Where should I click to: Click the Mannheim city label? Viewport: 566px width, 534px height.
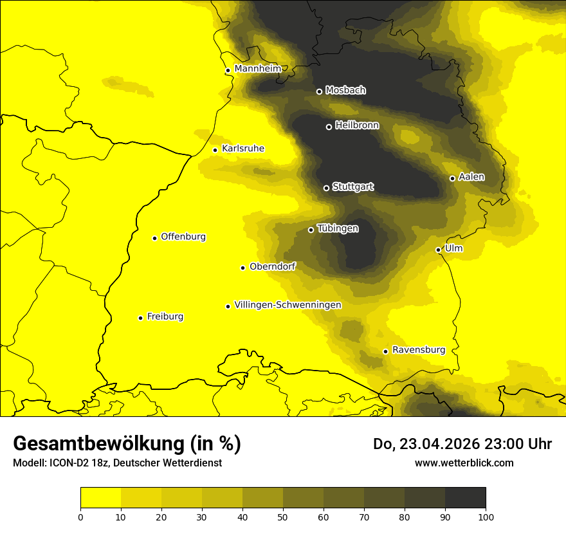point(257,69)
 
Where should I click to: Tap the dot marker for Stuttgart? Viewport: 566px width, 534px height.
point(326,188)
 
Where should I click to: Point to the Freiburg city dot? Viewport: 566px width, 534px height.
point(140,318)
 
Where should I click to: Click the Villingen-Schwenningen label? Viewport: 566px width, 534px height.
point(288,305)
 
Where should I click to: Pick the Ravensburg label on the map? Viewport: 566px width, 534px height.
point(418,350)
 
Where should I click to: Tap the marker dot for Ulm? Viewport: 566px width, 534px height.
point(438,250)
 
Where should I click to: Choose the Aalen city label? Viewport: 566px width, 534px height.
point(471,177)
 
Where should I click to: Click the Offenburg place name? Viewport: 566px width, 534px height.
point(183,237)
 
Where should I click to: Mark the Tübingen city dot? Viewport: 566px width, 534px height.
point(311,230)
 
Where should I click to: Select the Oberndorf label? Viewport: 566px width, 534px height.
point(272,266)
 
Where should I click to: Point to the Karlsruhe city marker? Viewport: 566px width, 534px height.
point(215,150)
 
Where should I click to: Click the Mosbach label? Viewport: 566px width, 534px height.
point(345,90)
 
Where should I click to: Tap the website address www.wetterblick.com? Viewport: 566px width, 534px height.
point(464,463)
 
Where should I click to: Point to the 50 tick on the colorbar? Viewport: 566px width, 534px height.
point(283,516)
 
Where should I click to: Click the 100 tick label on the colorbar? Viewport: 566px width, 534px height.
point(485,516)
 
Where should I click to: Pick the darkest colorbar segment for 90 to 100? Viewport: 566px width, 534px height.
point(465,498)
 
